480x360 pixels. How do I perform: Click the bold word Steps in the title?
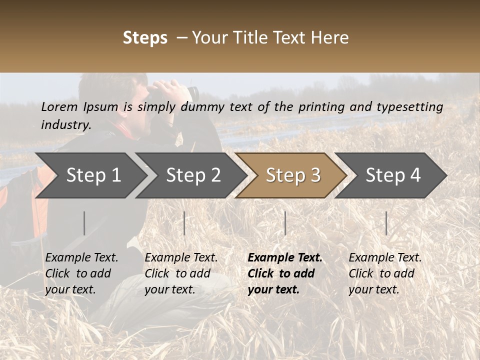click(x=145, y=38)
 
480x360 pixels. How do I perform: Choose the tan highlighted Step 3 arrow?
click(x=293, y=175)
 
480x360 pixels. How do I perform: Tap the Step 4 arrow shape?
click(x=393, y=175)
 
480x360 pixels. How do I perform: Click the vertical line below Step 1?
click(x=84, y=223)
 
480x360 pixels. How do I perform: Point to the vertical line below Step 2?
click(x=184, y=223)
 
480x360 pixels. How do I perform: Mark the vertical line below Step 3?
click(x=285, y=223)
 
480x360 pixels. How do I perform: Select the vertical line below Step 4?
click(x=386, y=223)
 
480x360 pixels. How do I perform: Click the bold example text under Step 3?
click(x=285, y=273)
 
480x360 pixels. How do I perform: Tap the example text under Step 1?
click(x=81, y=273)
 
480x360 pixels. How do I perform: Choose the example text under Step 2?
click(x=181, y=273)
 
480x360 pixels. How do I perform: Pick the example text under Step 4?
click(x=385, y=273)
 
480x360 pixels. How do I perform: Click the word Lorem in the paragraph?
click(x=59, y=107)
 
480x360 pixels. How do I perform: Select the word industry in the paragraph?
click(x=65, y=125)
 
